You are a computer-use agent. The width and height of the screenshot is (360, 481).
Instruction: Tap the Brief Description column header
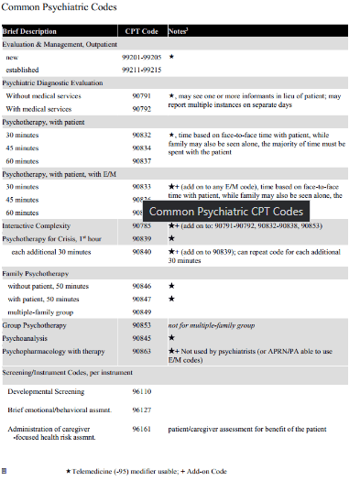[29, 30]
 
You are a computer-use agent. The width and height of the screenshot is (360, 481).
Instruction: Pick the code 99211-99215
[141, 70]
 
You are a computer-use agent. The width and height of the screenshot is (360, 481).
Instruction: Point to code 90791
[141, 95]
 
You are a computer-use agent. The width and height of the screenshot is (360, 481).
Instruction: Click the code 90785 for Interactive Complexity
[141, 224]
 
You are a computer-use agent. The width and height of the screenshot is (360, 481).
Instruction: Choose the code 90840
[141, 250]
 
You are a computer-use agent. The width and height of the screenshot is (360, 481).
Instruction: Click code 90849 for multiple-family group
[141, 312]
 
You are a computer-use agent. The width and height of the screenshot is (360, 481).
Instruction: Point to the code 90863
[141, 350]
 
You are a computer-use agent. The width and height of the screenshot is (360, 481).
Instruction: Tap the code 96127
[141, 409]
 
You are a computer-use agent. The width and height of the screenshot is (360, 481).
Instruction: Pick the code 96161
[141, 428]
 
